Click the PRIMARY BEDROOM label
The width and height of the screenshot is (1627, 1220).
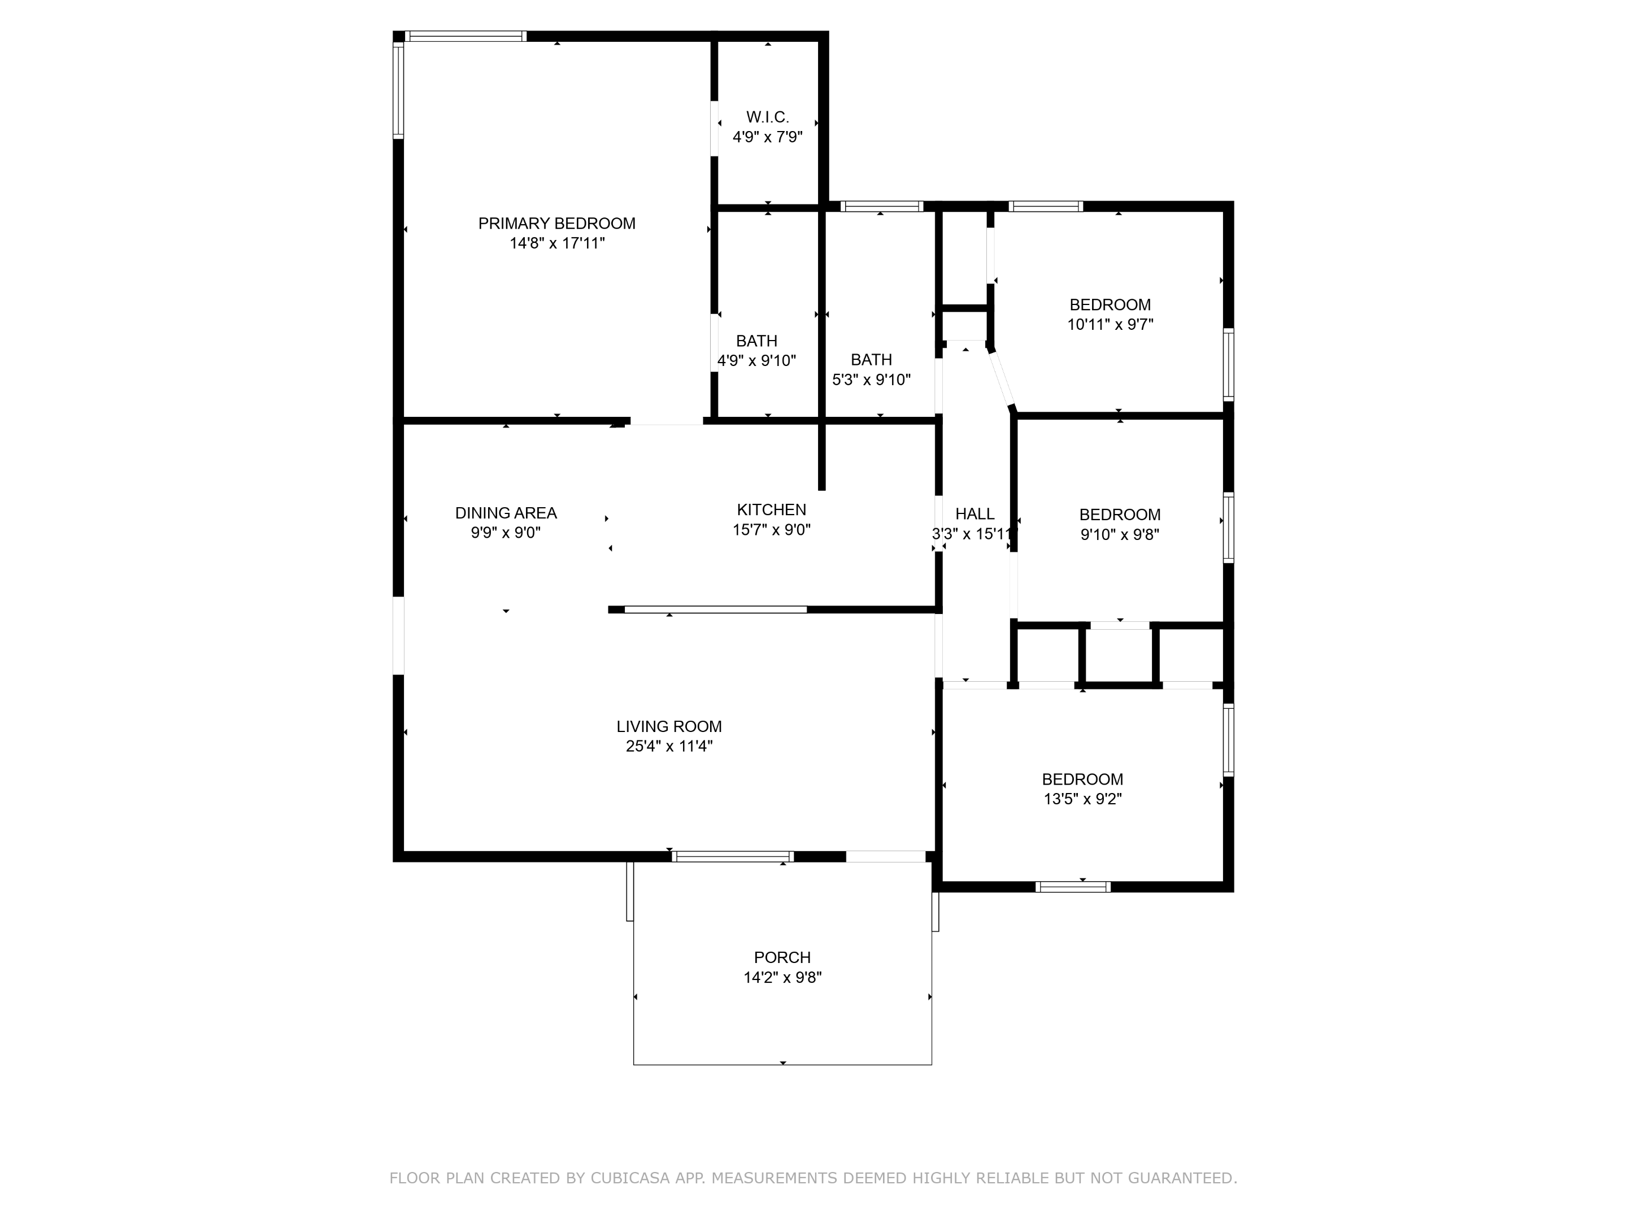coord(557,224)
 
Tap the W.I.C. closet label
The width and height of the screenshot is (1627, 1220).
coord(767,117)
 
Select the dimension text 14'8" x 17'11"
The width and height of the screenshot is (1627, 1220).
coord(557,243)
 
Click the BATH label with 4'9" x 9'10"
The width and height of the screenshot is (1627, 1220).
coord(757,341)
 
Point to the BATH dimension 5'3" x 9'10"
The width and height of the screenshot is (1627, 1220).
coord(871,380)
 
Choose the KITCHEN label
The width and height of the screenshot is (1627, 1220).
coord(772,509)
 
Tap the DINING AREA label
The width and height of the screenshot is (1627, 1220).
coord(506,513)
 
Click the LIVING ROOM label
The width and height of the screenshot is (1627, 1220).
coord(669,726)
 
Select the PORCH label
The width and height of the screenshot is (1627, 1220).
coord(782,957)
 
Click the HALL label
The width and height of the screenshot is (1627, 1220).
coord(975,514)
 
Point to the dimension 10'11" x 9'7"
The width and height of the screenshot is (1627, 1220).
coord(1111,324)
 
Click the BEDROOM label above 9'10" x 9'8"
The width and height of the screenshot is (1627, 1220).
coord(1120,515)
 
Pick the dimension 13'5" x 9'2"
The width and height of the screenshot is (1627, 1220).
coord(1083,799)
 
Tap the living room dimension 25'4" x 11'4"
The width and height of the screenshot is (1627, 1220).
coord(669,747)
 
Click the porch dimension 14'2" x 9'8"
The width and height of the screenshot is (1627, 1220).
coord(782,977)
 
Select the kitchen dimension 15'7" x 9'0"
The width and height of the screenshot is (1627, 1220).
coord(772,529)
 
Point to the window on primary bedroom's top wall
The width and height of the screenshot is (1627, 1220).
coord(466,36)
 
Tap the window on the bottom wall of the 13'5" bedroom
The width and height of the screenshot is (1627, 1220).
coord(1073,887)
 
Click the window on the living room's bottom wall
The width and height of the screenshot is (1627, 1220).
coord(733,857)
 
